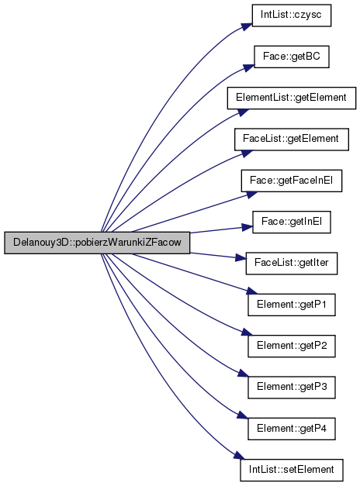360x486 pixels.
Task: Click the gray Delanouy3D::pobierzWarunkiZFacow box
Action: point(97,243)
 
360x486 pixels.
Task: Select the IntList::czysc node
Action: point(292,16)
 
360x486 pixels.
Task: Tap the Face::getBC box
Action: point(292,57)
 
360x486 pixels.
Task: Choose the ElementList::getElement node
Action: point(292,98)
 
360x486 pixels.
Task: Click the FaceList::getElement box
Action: point(292,140)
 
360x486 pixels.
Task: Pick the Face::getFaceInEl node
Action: point(292,181)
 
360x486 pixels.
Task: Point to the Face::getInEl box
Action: point(292,222)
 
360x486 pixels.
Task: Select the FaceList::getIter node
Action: point(292,263)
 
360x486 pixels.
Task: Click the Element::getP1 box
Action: point(292,305)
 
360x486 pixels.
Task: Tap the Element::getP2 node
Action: point(292,346)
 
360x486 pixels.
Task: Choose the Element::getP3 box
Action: point(292,387)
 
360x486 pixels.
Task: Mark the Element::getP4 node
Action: point(292,429)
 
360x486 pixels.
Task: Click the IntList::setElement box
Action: point(292,470)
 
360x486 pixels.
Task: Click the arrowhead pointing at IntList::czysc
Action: point(247,26)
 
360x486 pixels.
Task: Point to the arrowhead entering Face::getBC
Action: point(249,67)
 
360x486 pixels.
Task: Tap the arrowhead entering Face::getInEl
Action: point(247,227)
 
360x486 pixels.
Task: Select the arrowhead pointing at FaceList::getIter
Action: point(241,258)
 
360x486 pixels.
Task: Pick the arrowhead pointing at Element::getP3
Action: point(243,373)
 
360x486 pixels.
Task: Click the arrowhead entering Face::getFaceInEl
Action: point(251,195)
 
